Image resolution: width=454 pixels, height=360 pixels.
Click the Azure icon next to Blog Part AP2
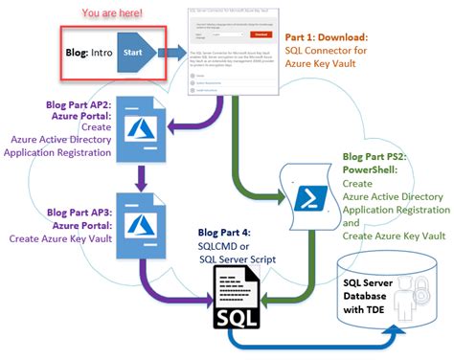point(145,130)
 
